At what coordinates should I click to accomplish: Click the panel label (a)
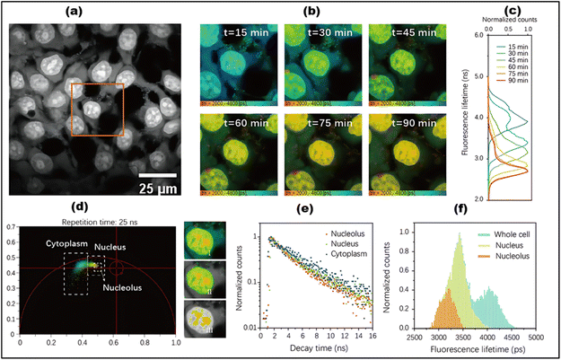click(101, 10)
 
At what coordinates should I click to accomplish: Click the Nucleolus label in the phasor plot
click(121, 288)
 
